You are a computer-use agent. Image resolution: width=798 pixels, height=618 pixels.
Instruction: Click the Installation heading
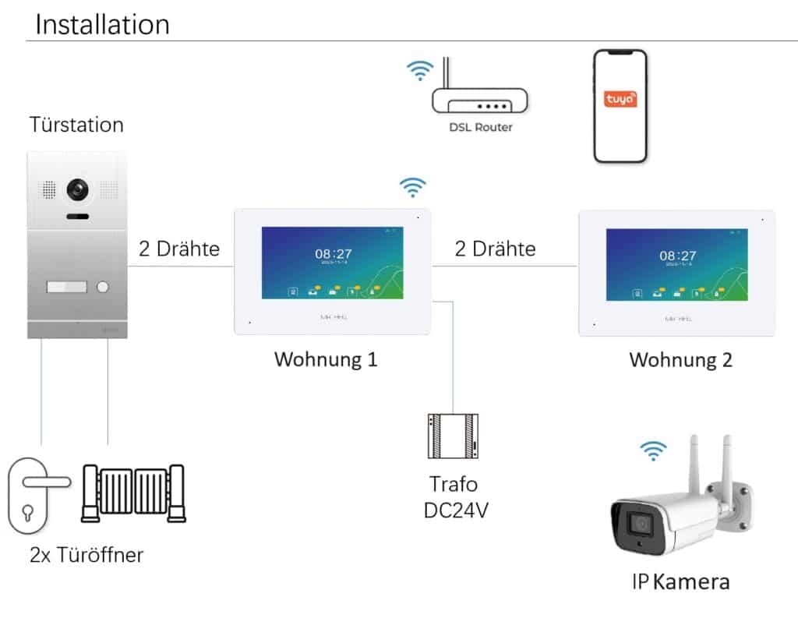(102, 24)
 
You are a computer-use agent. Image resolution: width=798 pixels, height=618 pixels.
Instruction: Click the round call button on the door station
(101, 287)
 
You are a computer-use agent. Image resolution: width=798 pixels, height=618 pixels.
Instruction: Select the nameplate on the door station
(66, 287)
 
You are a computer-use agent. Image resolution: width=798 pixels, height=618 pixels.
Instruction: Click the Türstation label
(76, 125)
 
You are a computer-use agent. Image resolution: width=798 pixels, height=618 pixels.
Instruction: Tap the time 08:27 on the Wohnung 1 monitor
(333, 253)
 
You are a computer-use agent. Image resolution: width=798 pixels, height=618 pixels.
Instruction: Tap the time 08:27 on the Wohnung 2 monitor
(677, 255)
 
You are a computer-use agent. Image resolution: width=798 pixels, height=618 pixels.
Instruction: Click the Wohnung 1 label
(326, 360)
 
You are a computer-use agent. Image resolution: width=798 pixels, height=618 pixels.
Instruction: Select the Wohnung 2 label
(680, 360)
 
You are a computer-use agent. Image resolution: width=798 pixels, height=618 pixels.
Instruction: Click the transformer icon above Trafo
(453, 436)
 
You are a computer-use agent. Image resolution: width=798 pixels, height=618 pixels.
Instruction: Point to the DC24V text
(453, 510)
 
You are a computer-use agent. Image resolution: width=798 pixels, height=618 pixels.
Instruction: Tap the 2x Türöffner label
(87, 555)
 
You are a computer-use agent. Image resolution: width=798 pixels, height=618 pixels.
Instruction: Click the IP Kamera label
(680, 581)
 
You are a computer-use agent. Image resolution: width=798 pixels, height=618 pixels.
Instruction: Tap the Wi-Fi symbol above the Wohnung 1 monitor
(412, 187)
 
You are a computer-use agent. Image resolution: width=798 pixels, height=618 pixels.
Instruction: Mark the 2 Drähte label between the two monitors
(495, 249)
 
